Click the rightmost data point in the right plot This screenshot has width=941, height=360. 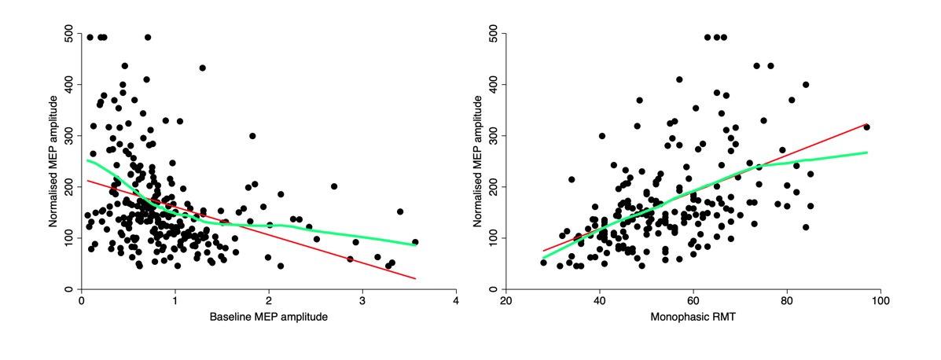[x=866, y=127]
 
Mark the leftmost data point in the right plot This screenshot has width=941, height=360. [x=543, y=263]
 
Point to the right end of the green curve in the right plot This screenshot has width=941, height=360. [x=866, y=152]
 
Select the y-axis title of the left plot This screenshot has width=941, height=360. [x=53, y=162]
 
